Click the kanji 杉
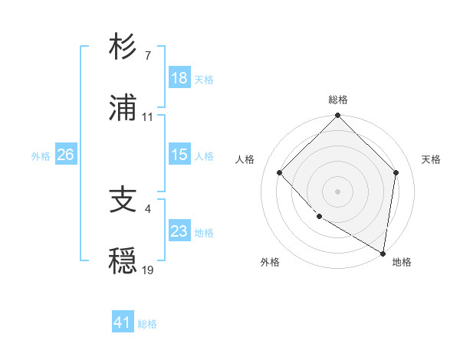click(x=123, y=47)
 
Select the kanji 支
click(x=123, y=201)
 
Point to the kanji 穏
click(x=123, y=263)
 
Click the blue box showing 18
click(x=179, y=78)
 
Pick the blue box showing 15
click(x=179, y=155)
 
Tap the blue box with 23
click(x=179, y=231)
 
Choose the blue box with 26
click(x=65, y=155)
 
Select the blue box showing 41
click(x=123, y=322)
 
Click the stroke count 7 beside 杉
click(x=147, y=56)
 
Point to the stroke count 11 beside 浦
click(x=148, y=117)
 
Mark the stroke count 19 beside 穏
click(x=148, y=270)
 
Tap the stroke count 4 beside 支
click(x=147, y=208)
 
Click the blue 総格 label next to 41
click(x=147, y=324)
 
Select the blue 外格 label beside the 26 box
click(x=41, y=155)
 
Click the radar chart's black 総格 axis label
click(x=338, y=100)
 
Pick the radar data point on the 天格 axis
click(x=396, y=172)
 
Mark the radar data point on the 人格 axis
click(x=280, y=172)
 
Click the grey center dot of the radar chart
click(x=338, y=191)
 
